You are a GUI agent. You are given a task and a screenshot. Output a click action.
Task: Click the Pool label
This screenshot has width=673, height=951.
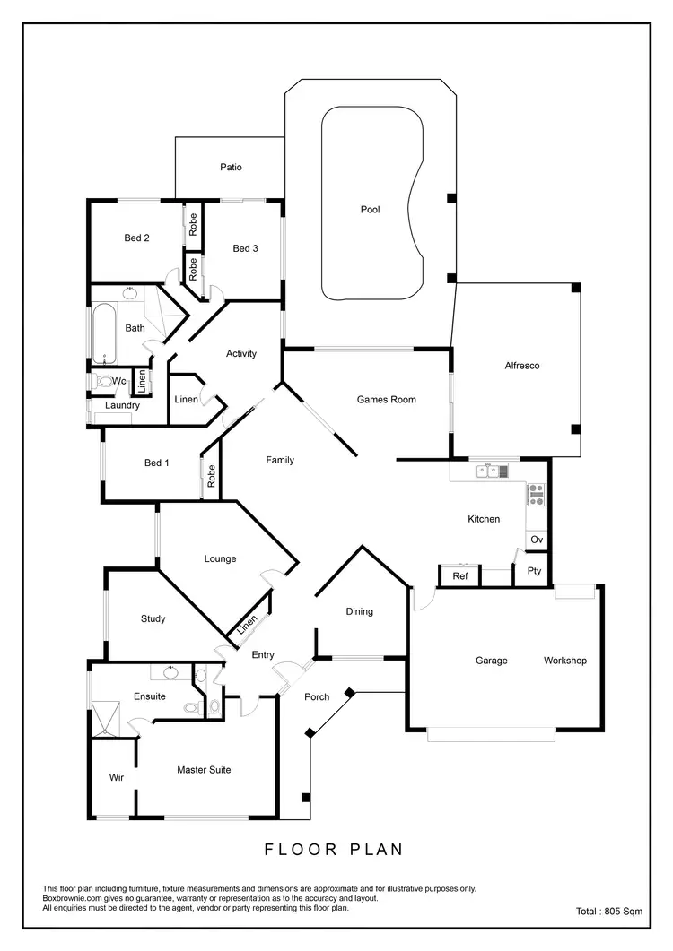[x=371, y=210]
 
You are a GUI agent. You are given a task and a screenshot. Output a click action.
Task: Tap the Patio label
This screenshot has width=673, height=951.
[x=231, y=167]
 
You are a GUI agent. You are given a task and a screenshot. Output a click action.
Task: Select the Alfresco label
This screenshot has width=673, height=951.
[x=521, y=366]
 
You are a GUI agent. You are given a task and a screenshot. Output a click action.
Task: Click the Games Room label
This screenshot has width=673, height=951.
[x=386, y=400]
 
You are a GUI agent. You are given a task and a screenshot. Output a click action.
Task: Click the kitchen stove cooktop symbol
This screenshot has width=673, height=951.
[x=537, y=494]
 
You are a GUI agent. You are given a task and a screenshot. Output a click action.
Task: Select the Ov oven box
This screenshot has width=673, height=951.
[x=537, y=540]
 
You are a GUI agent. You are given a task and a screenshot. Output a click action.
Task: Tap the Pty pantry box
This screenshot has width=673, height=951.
[x=534, y=571]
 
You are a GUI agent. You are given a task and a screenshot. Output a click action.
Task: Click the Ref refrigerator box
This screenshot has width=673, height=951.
[x=459, y=576]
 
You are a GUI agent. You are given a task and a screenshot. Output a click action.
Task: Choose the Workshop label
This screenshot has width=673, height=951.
[x=564, y=661]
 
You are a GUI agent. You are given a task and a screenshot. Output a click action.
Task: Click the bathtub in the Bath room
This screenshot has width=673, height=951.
[x=104, y=333]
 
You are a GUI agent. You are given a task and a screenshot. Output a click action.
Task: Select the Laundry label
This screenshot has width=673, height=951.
[x=122, y=405]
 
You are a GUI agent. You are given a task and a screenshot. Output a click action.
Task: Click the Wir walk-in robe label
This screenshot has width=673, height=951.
[x=116, y=776]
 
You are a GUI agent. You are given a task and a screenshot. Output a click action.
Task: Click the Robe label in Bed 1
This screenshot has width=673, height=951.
[x=212, y=476]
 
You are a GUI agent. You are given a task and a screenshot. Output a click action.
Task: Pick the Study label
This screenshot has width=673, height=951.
[x=153, y=618]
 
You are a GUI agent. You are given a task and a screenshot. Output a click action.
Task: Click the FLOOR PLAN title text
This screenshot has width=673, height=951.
[x=334, y=849]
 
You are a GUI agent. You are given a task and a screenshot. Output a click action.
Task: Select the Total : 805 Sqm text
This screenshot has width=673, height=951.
[x=608, y=912]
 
